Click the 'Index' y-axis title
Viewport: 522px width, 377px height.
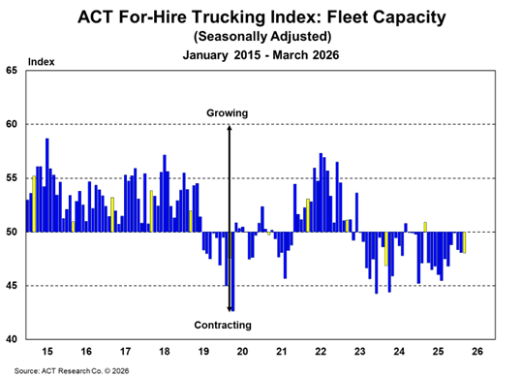click(x=42, y=61)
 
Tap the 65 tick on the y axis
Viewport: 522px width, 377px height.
click(x=12, y=71)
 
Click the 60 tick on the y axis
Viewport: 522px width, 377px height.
click(x=12, y=124)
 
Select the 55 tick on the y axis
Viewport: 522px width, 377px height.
click(x=12, y=178)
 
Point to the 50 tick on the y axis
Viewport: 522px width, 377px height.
click(x=12, y=233)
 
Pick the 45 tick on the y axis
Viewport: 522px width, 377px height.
click(x=12, y=286)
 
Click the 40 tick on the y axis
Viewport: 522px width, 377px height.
click(x=12, y=339)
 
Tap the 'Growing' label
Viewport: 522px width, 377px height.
click(x=228, y=113)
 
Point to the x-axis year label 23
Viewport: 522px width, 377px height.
click(x=359, y=350)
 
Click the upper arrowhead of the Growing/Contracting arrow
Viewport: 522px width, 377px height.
click(x=229, y=127)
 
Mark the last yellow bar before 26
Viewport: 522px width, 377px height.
click(x=465, y=242)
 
